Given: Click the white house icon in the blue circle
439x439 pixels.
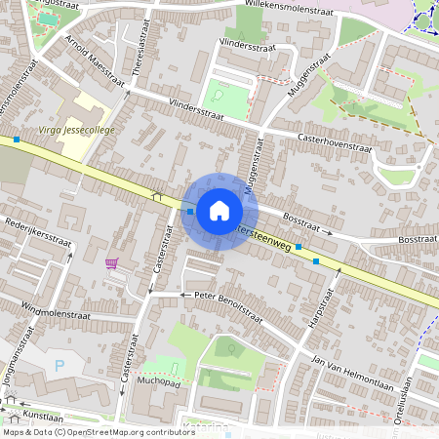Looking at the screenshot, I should click(219, 211).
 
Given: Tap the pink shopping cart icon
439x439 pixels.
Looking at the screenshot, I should click(112, 262).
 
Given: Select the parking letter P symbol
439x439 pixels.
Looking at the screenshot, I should click(60, 366).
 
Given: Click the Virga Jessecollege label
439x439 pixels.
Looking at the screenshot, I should click(77, 130).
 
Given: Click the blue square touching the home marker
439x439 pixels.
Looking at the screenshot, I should click(189, 210).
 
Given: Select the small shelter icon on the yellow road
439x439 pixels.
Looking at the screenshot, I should click(156, 195).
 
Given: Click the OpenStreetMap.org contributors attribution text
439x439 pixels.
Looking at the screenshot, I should click(127, 432).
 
